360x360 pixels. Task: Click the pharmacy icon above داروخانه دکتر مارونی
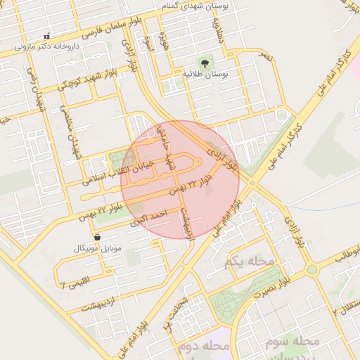point(46,36)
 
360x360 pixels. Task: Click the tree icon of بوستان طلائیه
point(203,62)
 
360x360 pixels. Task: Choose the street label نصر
point(264,53)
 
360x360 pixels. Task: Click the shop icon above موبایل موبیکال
point(96,238)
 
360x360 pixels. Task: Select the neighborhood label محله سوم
point(292,341)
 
